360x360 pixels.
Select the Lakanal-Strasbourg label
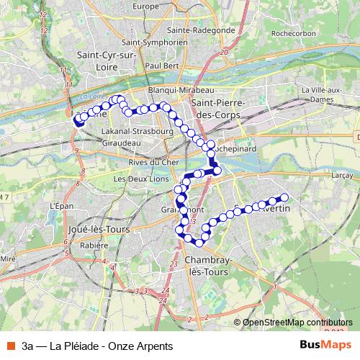(138, 132)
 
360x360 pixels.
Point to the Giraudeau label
(122, 143)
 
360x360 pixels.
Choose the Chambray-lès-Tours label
(206, 266)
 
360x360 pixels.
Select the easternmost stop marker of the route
(284, 197)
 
